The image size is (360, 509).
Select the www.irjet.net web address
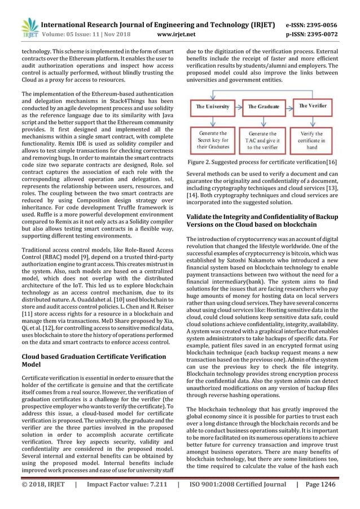(x=172, y=34)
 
